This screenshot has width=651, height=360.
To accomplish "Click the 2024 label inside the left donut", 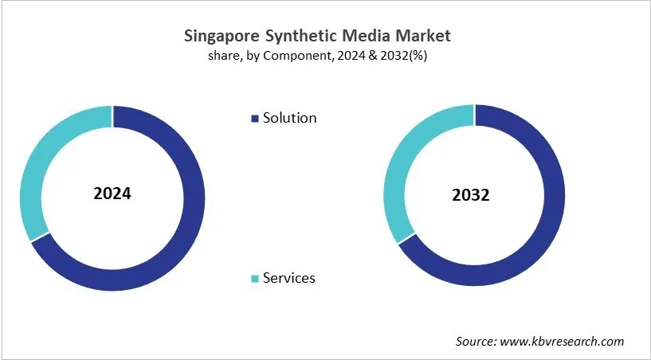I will tap(112, 194).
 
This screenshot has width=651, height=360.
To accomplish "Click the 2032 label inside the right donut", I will tap(474, 195).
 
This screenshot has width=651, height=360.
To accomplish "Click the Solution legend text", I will tap(289, 118).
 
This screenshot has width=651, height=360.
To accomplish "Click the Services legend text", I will tap(288, 278).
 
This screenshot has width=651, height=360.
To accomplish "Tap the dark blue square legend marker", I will tap(255, 119).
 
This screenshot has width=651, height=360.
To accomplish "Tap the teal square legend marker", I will tap(255, 279).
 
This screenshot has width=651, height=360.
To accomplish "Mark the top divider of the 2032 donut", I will tap(474, 115).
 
